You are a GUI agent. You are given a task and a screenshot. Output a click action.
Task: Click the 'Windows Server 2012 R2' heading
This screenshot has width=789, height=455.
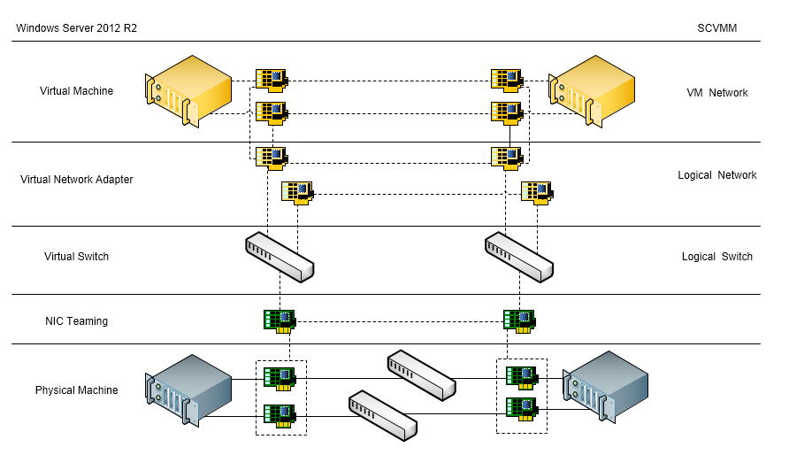tap(76, 28)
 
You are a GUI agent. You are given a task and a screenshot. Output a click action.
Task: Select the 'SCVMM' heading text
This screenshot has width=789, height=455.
tap(716, 28)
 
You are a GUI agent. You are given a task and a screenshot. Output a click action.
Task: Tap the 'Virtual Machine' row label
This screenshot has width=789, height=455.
tap(76, 91)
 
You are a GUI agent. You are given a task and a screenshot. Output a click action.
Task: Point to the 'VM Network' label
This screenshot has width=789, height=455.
tap(716, 93)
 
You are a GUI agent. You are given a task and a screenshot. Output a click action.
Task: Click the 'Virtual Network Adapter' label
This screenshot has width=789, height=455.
tap(76, 180)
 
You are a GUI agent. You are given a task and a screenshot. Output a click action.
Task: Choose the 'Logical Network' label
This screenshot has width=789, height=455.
tap(716, 175)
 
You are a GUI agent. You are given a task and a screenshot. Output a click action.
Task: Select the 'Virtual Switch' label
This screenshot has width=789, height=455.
tap(76, 257)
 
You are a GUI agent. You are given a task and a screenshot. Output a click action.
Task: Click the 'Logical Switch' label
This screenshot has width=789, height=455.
tap(716, 257)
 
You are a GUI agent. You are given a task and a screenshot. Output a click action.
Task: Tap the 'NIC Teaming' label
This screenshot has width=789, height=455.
tap(76, 321)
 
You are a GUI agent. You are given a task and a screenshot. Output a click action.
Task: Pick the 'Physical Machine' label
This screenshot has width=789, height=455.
tap(76, 390)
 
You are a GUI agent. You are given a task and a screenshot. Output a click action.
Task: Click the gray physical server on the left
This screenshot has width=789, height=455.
tap(188, 389)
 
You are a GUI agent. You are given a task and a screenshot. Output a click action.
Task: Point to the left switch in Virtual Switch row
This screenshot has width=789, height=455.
tap(280, 257)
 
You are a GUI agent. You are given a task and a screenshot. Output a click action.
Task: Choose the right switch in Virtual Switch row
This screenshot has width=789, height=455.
tap(518, 257)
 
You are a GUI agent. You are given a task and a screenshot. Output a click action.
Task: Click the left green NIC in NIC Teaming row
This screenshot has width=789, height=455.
tap(280, 320)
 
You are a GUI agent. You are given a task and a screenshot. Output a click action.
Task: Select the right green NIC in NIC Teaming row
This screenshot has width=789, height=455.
tap(518, 320)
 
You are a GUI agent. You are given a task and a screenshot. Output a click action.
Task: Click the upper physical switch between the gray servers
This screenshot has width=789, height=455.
tap(421, 373)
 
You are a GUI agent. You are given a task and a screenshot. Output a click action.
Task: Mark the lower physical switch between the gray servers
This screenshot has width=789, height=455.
tap(382, 414)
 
